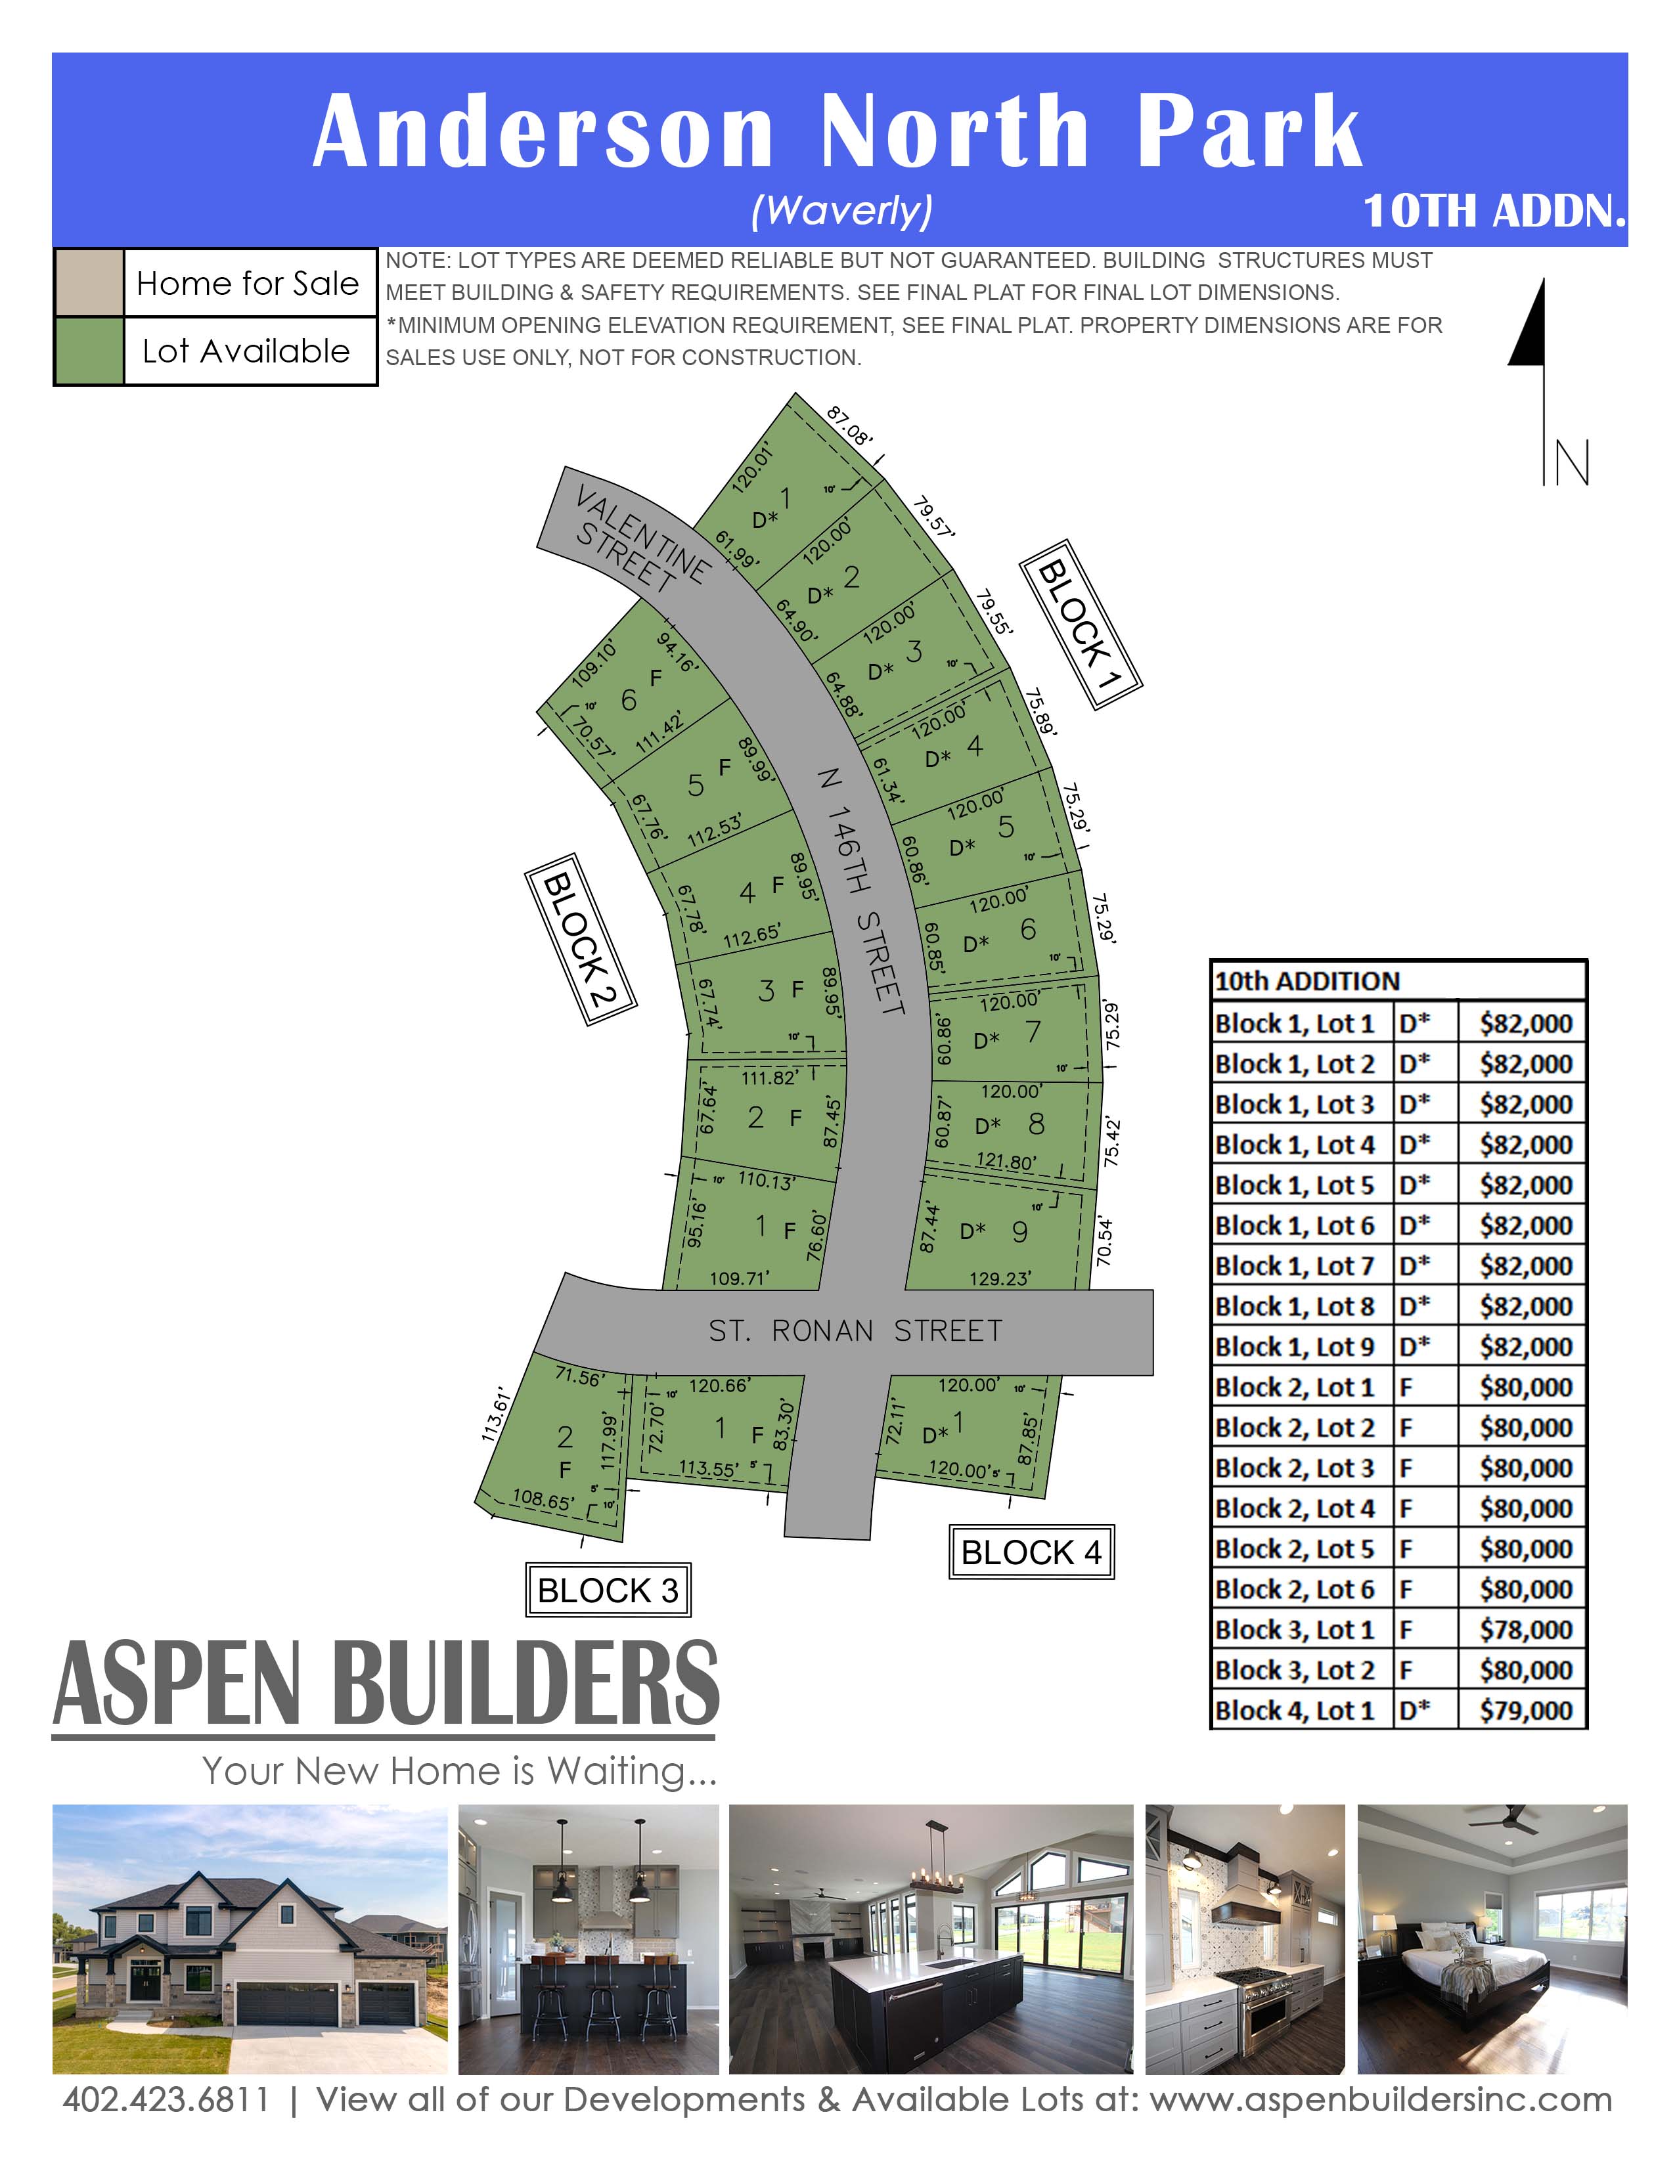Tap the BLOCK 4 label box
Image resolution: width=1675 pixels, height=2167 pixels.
[1031, 1552]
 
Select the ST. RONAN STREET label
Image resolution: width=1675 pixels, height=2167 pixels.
[855, 1330]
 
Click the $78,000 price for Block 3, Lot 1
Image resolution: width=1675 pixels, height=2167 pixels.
[1525, 1629]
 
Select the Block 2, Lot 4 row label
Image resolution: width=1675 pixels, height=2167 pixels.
[1295, 1508]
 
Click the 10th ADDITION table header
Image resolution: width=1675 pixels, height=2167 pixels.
[1307, 981]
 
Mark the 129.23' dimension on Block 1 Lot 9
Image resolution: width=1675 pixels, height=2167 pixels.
[1000, 1279]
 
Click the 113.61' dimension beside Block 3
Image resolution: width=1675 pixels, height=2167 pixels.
[493, 1413]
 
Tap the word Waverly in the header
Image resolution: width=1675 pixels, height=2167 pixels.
[841, 209]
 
